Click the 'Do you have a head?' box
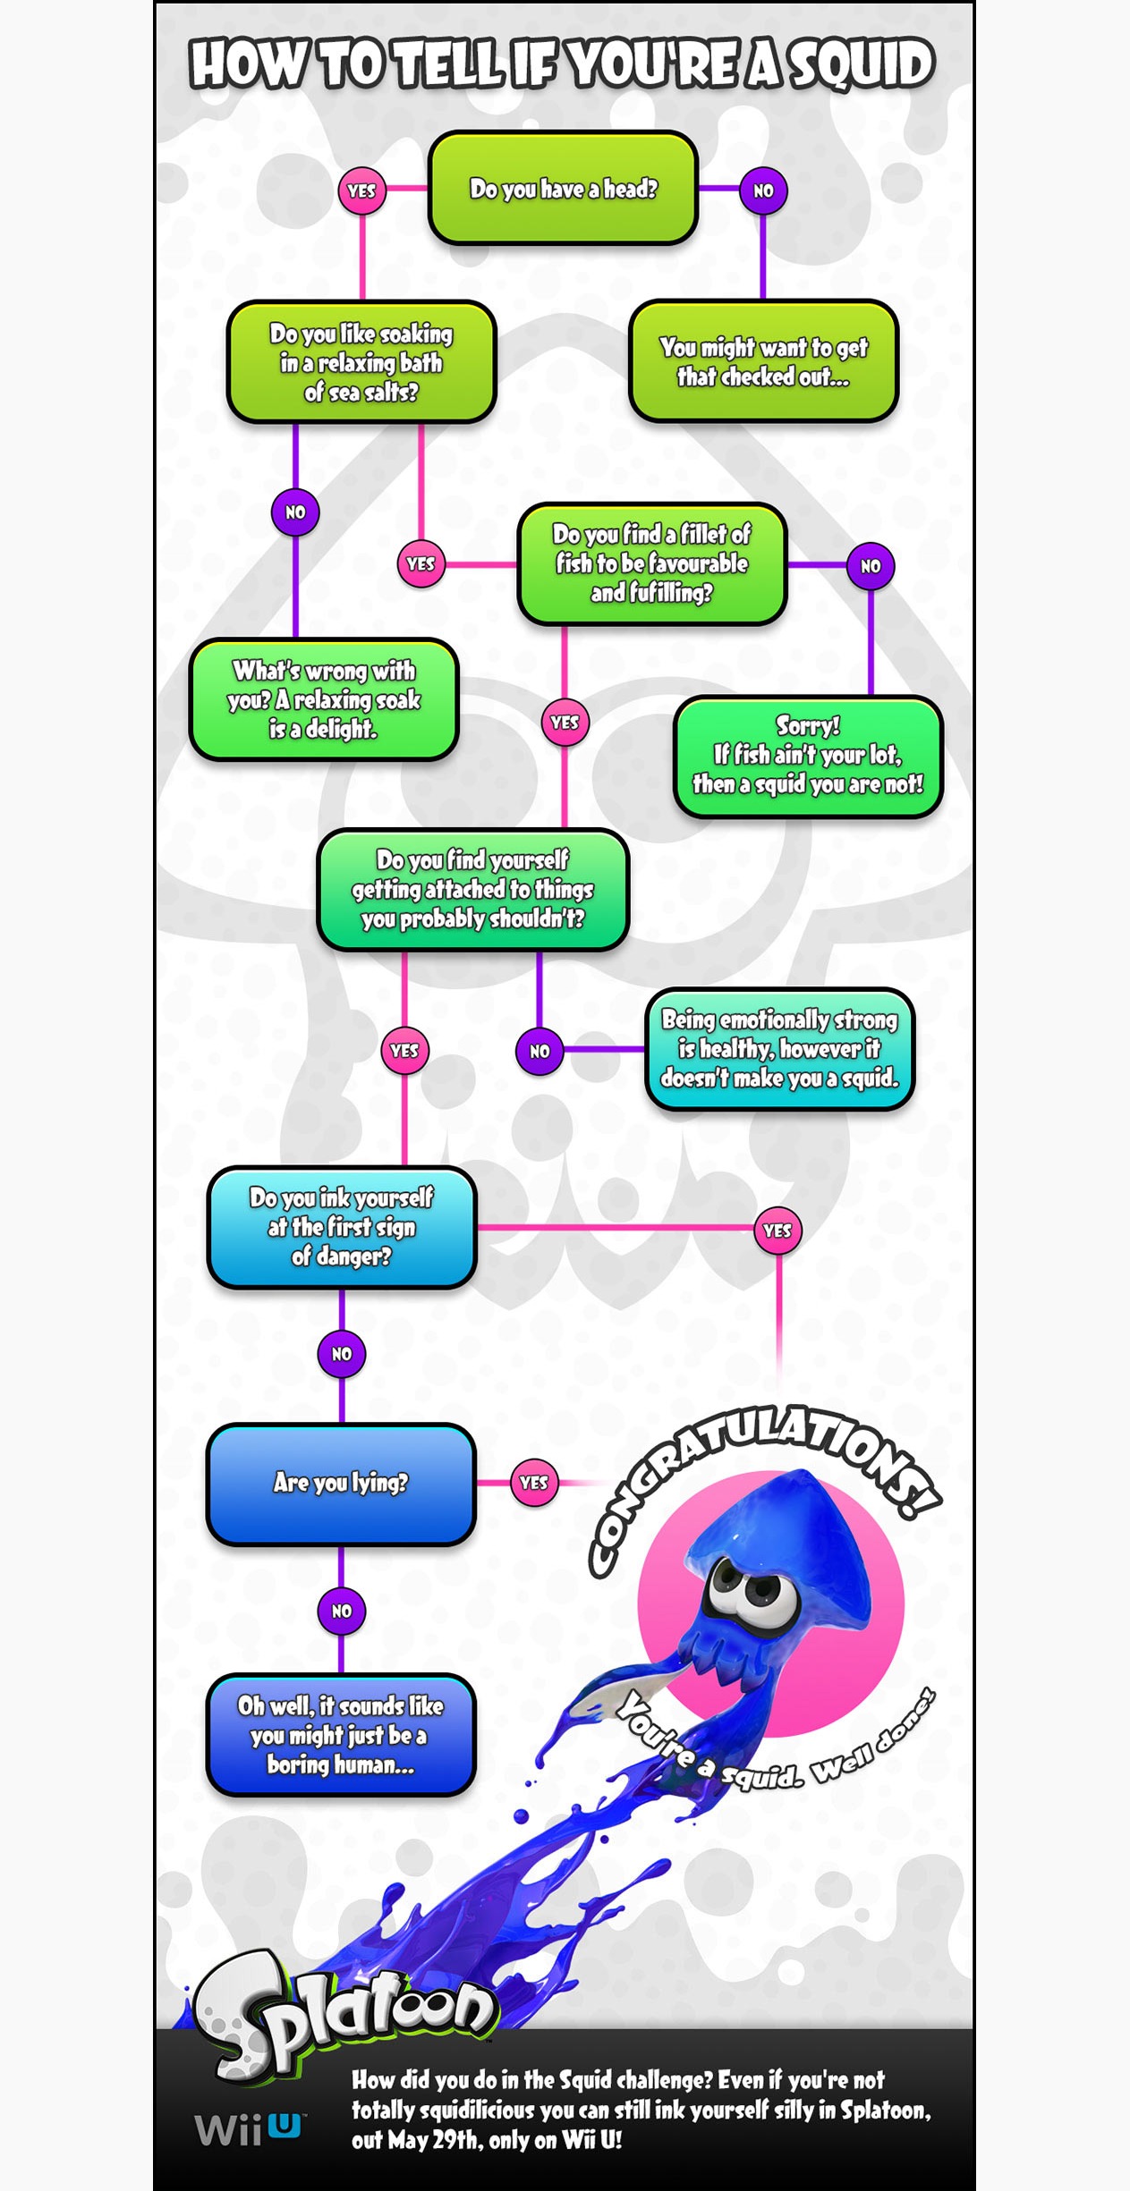click(x=563, y=188)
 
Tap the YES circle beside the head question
click(x=361, y=190)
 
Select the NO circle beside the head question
click(x=763, y=190)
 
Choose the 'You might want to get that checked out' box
click(x=763, y=361)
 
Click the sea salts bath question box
click(x=361, y=362)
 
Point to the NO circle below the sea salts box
click(x=295, y=512)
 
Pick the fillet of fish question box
click(x=651, y=563)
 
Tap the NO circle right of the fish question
click(x=871, y=566)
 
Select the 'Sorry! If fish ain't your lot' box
click(x=808, y=757)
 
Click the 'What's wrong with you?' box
click(x=324, y=699)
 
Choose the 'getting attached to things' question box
click(x=472, y=890)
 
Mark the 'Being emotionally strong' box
click(x=779, y=1049)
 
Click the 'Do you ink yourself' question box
click(x=341, y=1227)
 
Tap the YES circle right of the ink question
click(x=777, y=1231)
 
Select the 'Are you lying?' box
click(x=341, y=1484)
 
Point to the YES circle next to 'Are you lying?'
click(x=534, y=1483)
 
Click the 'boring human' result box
click(x=341, y=1735)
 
